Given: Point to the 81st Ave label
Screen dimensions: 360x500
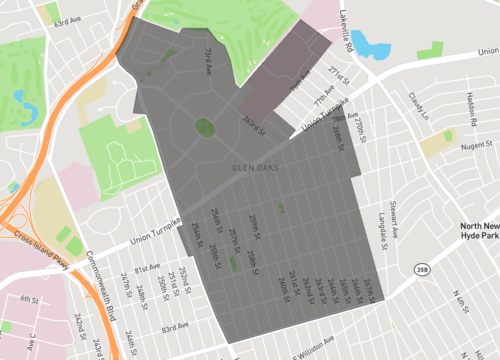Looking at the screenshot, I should click(x=148, y=268).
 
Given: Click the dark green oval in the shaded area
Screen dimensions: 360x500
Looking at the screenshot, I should click(x=205, y=127).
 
